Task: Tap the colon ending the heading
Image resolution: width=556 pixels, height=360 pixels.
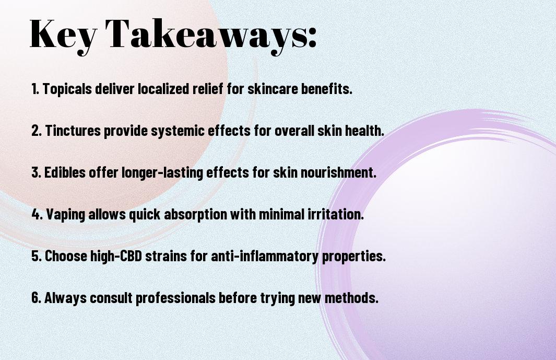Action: [x=312, y=38]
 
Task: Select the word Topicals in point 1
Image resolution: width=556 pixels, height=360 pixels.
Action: [x=67, y=89]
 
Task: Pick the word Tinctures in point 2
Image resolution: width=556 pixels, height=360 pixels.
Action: [x=73, y=130]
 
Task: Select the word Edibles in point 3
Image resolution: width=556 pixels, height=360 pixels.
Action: [x=65, y=172]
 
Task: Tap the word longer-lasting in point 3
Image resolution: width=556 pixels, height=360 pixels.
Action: [x=162, y=173]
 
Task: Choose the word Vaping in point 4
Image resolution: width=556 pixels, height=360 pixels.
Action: [x=66, y=215]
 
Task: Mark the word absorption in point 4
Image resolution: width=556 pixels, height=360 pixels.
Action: [x=195, y=215]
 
